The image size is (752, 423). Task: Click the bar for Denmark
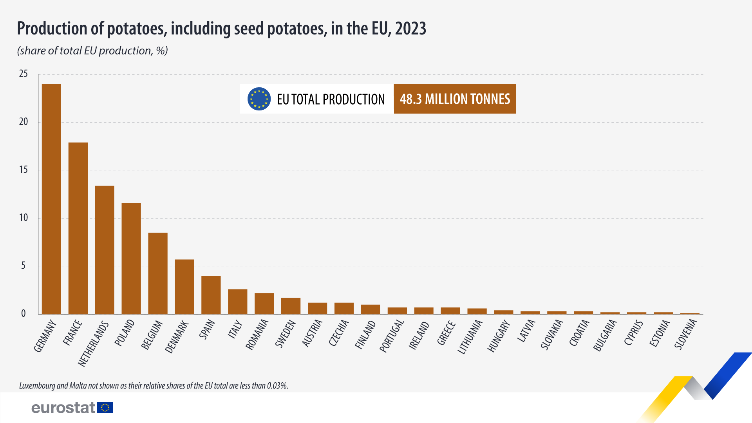point(184,287)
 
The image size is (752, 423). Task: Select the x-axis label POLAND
point(125,333)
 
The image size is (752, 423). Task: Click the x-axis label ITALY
point(235,329)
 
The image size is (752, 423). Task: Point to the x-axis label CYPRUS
point(633,333)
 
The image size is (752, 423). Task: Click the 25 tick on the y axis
point(23,74)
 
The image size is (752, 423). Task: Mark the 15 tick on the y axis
point(23,170)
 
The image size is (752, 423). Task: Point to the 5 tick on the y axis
point(23,266)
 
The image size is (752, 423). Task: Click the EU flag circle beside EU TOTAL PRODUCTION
point(259,99)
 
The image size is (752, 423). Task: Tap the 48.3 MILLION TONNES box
point(455,99)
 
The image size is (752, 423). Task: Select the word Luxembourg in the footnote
point(37,386)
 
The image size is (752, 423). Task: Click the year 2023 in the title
point(410,29)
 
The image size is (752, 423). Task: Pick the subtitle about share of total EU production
point(92,51)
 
